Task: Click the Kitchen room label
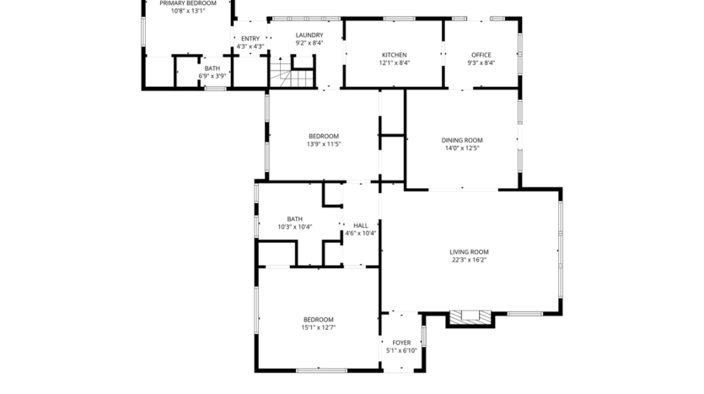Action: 394,54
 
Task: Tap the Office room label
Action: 481,54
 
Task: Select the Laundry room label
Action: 309,35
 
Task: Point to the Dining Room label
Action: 462,140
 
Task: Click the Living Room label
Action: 469,251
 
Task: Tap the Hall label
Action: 361,225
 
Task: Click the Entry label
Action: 250,38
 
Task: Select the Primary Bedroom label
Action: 188,3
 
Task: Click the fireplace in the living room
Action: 470,317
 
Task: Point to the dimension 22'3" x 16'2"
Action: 469,260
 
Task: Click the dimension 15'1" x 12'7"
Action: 319,327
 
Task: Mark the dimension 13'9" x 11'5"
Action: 324,144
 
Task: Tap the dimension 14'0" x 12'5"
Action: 462,148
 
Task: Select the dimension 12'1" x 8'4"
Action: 394,62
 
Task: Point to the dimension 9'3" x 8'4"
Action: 481,62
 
